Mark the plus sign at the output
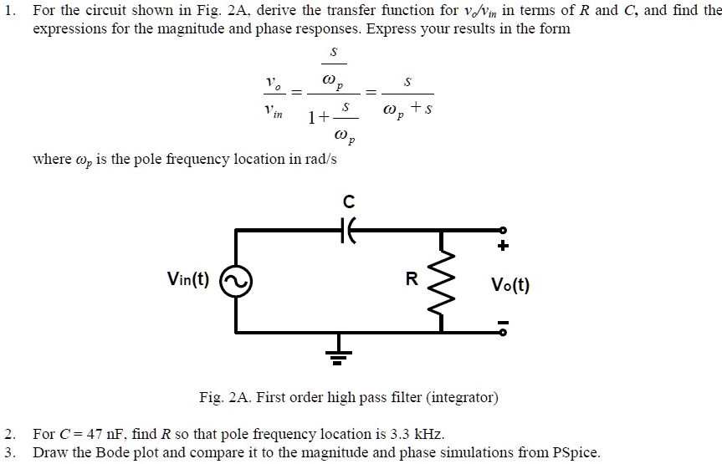tap(504, 247)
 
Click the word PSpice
tap(573, 453)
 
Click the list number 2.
tap(8, 435)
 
